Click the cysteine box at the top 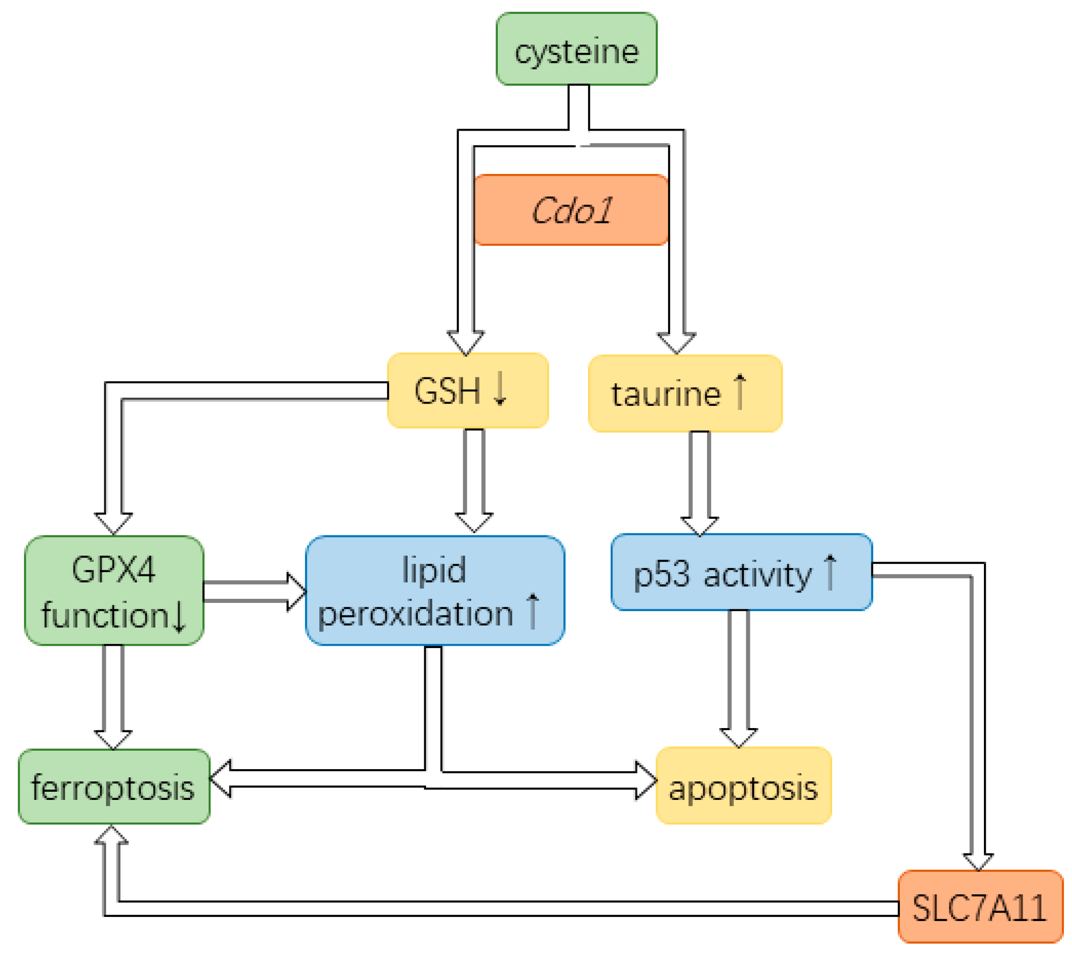pos(576,49)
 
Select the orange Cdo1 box pos(571,210)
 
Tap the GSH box pos(468,390)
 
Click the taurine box pos(684,394)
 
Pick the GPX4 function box pos(114,591)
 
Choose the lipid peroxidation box pos(435,591)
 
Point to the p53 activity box pos(741,572)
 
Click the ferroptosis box pos(114,787)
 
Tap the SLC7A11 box pos(980,907)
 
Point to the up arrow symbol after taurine pos(740,391)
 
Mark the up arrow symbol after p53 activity pos(831,572)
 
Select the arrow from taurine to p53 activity pos(700,482)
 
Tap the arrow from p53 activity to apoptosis pos(738,677)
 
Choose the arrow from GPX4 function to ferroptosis pos(113,696)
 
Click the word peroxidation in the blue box pos(416,613)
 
